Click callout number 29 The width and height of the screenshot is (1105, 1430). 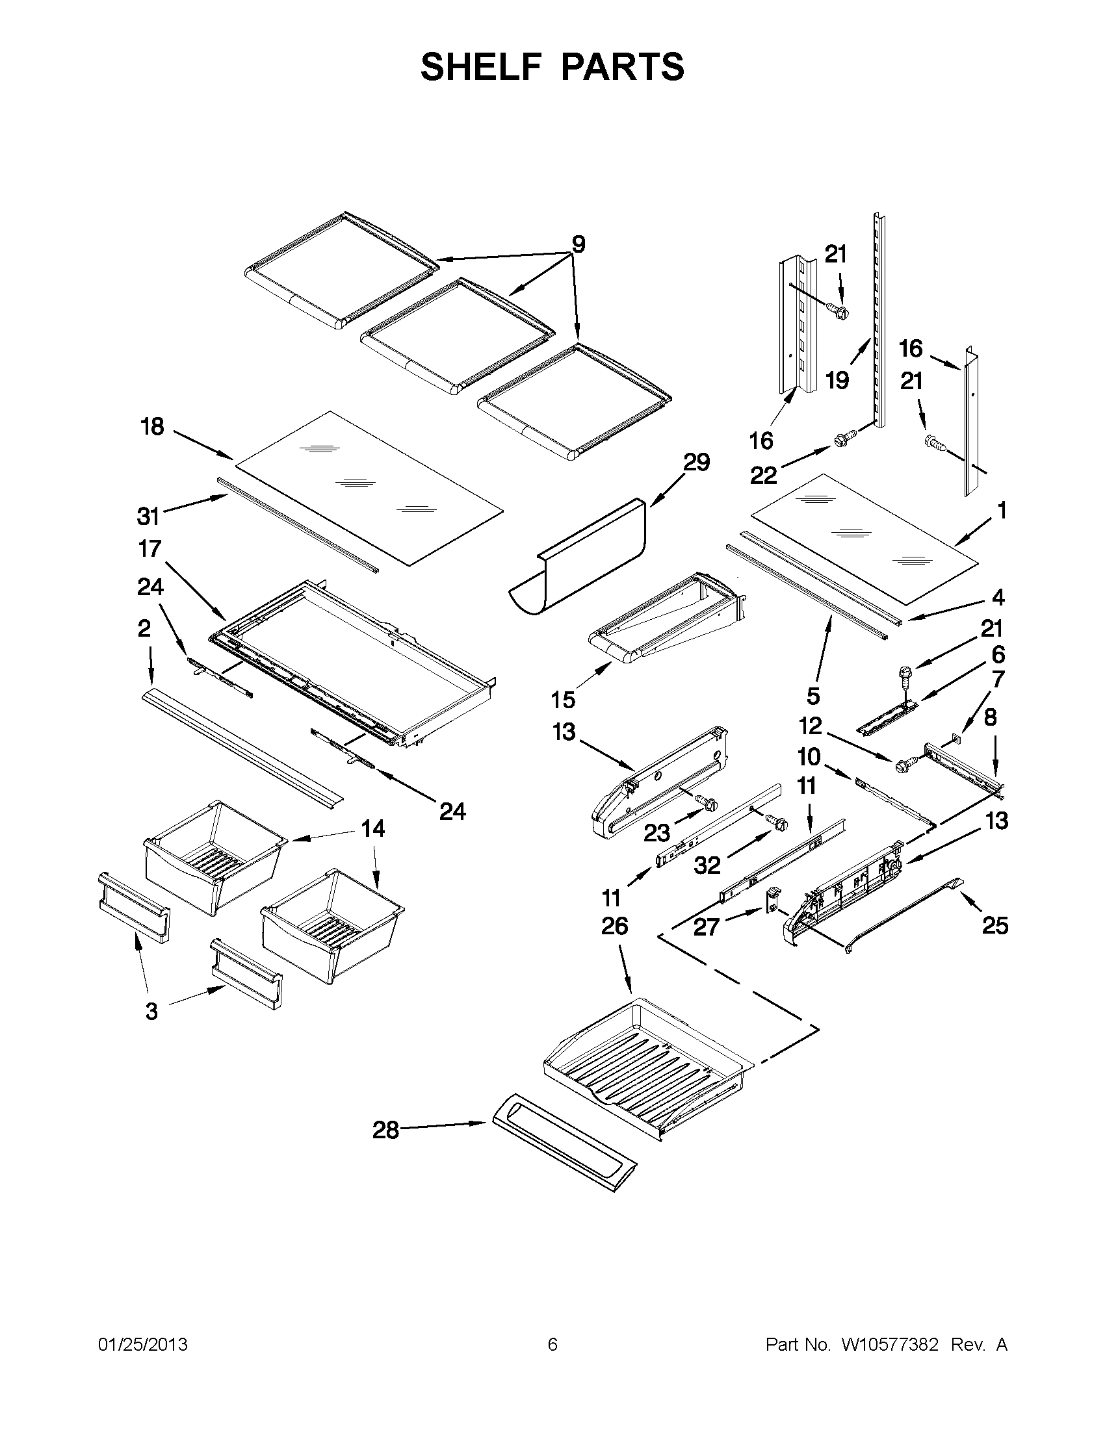[696, 463]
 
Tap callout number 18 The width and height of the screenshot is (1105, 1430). [152, 427]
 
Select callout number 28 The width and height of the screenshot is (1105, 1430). [386, 1130]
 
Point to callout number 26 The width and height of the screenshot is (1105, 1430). [614, 926]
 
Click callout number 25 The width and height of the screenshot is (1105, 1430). [994, 925]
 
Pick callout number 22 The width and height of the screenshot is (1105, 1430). [763, 476]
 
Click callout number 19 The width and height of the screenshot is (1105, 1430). [837, 380]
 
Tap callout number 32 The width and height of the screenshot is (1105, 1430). [707, 865]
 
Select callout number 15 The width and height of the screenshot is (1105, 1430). [563, 699]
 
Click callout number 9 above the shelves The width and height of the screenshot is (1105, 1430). [578, 244]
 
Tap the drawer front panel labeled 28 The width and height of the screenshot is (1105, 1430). [564, 1153]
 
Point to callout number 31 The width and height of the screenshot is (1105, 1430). [149, 517]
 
